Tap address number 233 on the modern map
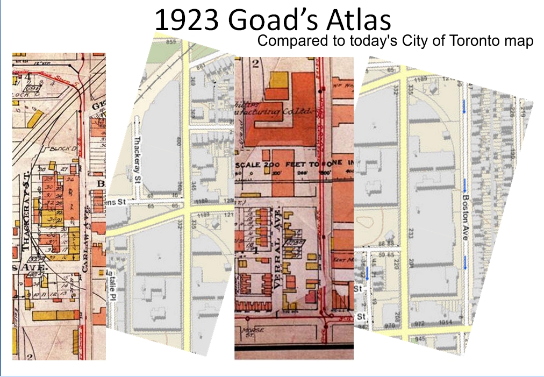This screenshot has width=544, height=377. [x=411, y=232]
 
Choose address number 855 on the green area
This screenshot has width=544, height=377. [x=172, y=41]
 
